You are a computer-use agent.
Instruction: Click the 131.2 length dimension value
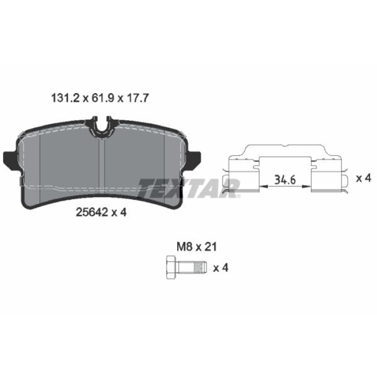(65, 98)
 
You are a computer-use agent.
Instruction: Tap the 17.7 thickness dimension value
(138, 98)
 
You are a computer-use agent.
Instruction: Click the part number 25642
(92, 212)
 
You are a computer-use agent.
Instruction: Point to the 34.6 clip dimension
(285, 180)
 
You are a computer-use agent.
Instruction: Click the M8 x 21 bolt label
(197, 247)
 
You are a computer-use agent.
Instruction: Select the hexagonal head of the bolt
(171, 267)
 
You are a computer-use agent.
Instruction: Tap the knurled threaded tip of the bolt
(200, 268)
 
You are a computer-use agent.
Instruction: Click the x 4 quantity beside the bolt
(221, 268)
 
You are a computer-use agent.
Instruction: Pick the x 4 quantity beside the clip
(364, 178)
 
